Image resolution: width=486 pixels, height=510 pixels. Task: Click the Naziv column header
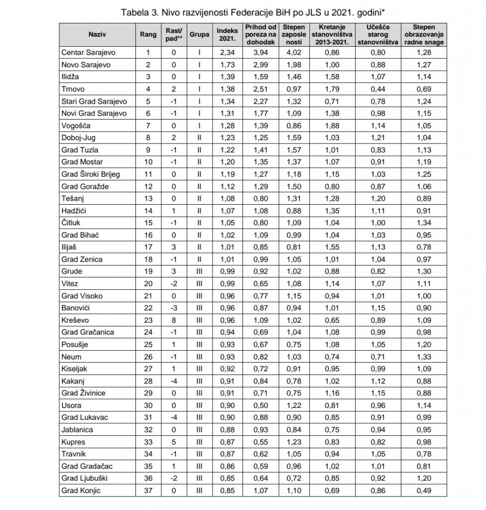point(97,33)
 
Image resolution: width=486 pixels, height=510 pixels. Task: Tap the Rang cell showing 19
point(147,271)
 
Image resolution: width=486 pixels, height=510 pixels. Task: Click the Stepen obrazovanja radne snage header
point(424,33)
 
